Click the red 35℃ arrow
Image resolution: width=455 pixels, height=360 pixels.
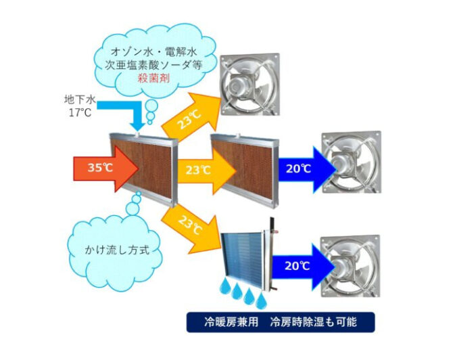[x=105, y=168]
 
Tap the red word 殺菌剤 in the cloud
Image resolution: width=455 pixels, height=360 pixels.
[x=153, y=78]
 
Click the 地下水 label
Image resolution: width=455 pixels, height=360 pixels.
[x=80, y=99]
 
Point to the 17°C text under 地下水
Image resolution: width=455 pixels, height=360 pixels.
[x=80, y=112]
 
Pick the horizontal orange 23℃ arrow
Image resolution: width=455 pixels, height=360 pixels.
[x=206, y=171]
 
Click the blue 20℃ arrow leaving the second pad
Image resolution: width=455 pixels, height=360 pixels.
[x=307, y=170]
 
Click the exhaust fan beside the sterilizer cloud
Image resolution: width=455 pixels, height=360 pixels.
[x=250, y=85]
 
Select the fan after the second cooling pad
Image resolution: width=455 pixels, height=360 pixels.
[x=352, y=162]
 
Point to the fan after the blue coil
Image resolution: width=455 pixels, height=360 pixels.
[x=350, y=266]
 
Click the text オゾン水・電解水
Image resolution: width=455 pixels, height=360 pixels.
[x=154, y=52]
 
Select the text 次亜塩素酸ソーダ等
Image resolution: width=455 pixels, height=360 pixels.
[x=153, y=65]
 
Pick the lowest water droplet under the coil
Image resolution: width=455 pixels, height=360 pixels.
[x=262, y=300]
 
